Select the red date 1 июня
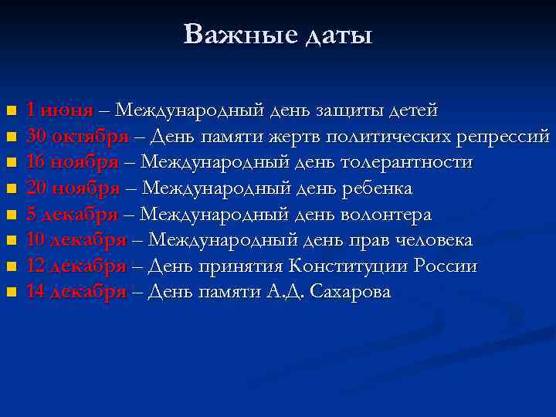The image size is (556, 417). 59,110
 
